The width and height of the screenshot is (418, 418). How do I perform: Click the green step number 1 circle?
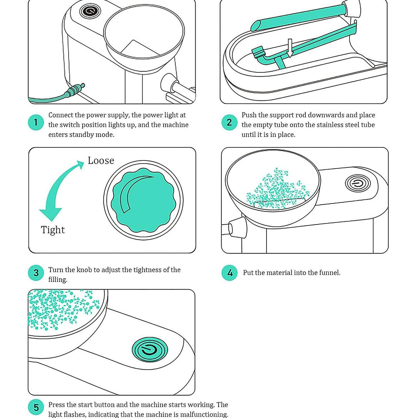(x=36, y=123)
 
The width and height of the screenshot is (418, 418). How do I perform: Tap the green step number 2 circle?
(x=229, y=123)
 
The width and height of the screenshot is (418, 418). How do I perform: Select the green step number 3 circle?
(x=36, y=273)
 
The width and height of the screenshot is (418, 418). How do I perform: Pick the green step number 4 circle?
(x=230, y=273)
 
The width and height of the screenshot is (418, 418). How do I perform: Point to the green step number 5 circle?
(x=36, y=408)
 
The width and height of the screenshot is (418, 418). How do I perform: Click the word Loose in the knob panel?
(x=101, y=160)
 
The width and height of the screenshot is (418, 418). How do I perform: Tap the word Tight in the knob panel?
(x=53, y=230)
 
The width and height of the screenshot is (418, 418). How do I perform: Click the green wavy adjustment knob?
(x=143, y=200)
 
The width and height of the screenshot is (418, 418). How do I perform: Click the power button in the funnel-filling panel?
(x=358, y=184)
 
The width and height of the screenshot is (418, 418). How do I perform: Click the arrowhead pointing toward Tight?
(x=51, y=214)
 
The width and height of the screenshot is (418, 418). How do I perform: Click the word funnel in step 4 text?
(x=329, y=273)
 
